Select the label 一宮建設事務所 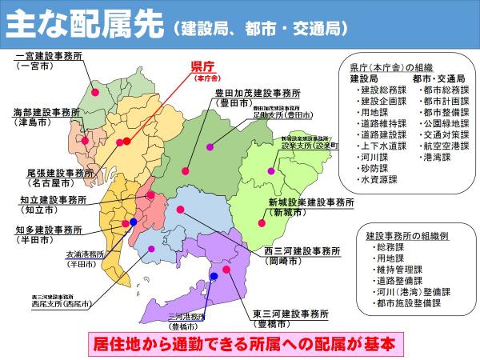tap(49, 58)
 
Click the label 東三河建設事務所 tap(290, 312)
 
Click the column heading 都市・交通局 tap(439, 78)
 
